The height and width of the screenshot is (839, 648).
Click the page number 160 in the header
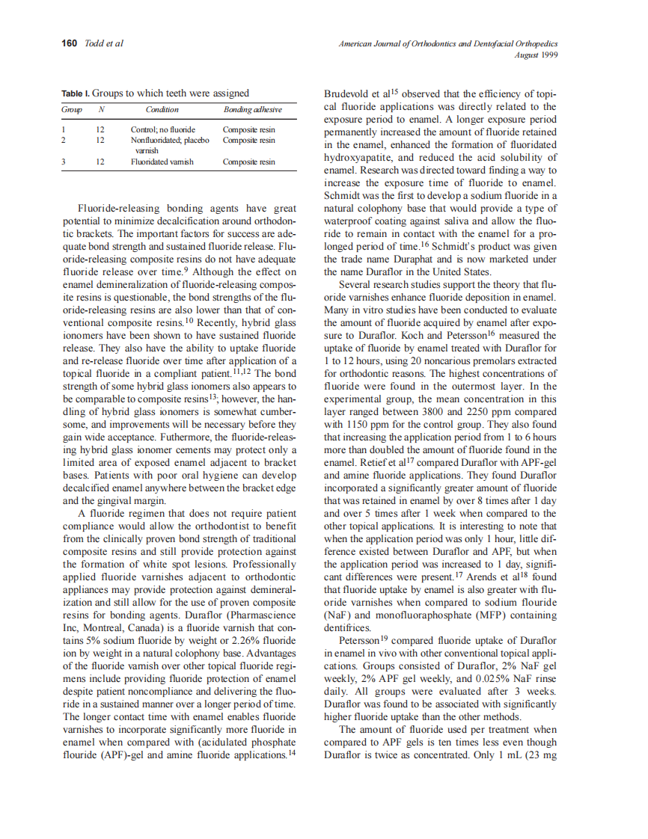[x=69, y=43]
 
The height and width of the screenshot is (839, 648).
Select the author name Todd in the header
[x=94, y=43]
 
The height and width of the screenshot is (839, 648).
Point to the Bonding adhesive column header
[x=252, y=110]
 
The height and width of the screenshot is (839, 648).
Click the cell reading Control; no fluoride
[x=162, y=129]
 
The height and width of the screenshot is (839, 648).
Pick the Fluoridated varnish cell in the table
[x=162, y=162]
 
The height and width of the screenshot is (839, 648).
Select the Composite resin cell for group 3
[x=249, y=162]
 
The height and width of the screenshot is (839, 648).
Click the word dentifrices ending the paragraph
[x=349, y=627]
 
